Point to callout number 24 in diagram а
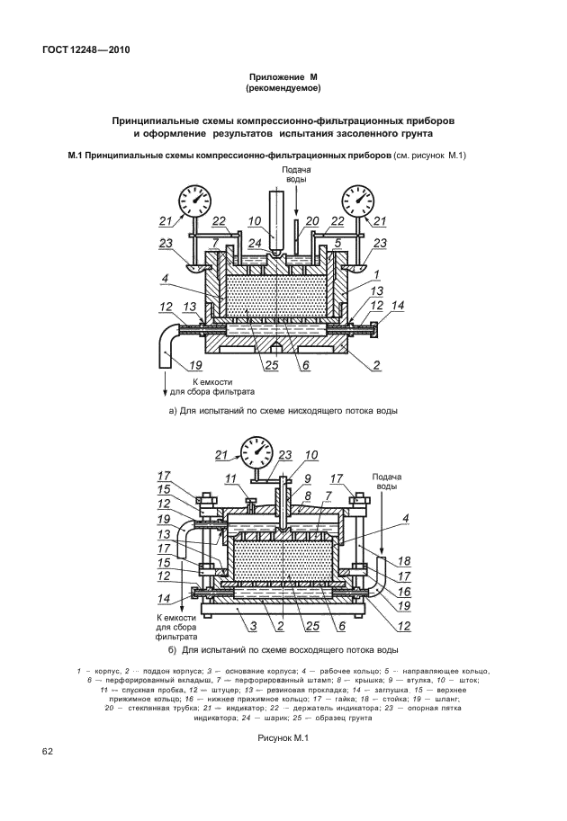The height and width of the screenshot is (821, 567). pyautogui.click(x=255, y=242)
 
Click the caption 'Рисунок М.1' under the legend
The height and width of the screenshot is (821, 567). pyautogui.click(x=283, y=737)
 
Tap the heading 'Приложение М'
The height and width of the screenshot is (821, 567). pyautogui.click(x=283, y=78)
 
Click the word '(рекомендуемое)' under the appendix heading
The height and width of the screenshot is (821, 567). pyautogui.click(x=283, y=89)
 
